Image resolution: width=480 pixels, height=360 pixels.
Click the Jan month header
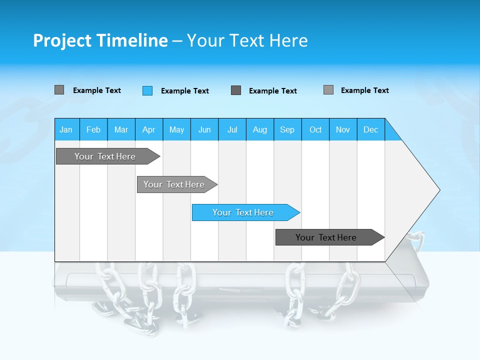[x=66, y=129]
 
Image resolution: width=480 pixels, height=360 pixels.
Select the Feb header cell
[x=93, y=129]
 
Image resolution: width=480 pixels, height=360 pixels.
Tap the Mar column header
[x=121, y=129]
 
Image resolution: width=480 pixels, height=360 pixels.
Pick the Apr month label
[x=149, y=129]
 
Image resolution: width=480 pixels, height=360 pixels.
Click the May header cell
[x=176, y=129]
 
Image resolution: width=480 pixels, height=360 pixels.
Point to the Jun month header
[x=204, y=129]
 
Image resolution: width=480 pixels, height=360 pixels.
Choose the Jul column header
[x=232, y=129]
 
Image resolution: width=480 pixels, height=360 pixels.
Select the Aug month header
[x=260, y=129]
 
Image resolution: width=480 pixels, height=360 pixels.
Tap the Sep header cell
[x=287, y=129]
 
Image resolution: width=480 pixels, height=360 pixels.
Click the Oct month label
[x=315, y=129]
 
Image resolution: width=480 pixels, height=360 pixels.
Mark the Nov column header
[x=343, y=129]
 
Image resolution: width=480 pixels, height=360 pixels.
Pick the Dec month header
[x=371, y=129]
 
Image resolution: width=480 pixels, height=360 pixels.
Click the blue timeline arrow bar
[x=245, y=212]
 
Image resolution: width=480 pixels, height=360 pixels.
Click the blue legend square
[x=147, y=90]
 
